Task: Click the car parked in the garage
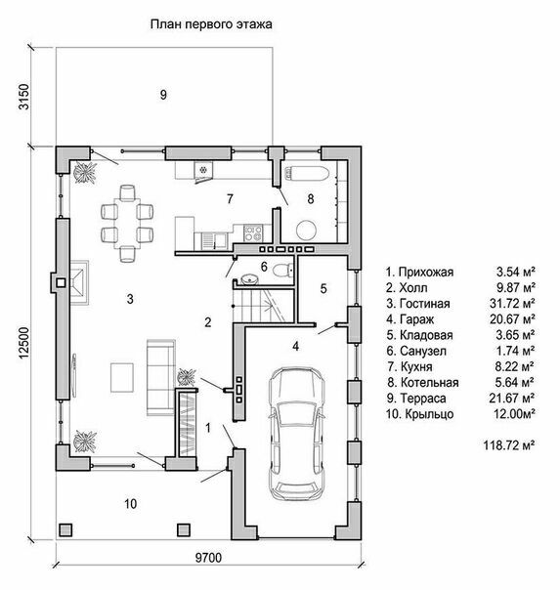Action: click(296, 434)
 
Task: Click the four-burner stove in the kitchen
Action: click(253, 232)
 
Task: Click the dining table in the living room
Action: click(128, 224)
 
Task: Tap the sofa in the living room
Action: click(160, 377)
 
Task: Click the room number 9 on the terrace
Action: click(163, 95)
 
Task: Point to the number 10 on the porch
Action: click(131, 503)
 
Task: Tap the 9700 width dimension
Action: click(208, 558)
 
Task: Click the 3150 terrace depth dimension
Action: click(23, 97)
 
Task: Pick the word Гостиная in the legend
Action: click(424, 303)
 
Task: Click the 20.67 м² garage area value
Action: click(512, 319)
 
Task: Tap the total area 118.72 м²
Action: click(509, 445)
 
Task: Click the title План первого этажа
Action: click(211, 24)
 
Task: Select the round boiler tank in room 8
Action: click(307, 230)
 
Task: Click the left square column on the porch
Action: click(65, 529)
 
